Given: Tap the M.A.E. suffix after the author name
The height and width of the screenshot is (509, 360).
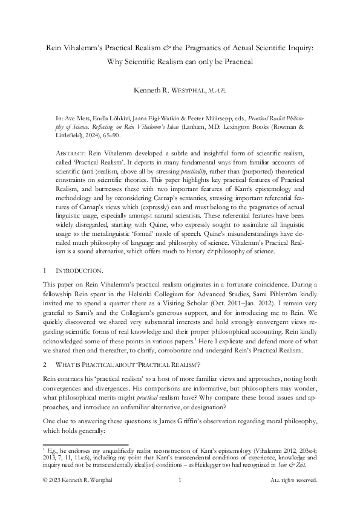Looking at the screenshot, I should [x=217, y=90].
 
